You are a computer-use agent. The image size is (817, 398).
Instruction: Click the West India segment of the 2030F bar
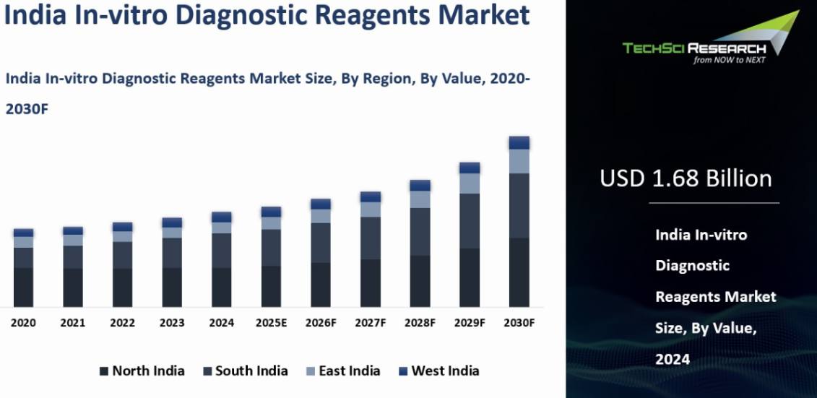[519, 143]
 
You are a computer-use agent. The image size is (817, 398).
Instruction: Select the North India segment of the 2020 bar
[23, 287]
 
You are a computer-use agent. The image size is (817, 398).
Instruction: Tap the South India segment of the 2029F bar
[470, 221]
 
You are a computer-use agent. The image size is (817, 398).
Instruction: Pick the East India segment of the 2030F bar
[519, 162]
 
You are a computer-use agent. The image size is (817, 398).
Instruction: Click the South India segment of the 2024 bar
[222, 251]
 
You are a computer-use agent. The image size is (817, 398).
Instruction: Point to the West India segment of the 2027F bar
[371, 197]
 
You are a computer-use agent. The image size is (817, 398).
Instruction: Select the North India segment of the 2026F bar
[321, 285]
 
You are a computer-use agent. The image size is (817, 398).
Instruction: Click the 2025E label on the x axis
[271, 323]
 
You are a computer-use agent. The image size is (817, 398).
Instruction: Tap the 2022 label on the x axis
[123, 323]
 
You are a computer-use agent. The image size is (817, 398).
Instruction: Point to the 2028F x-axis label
[420, 323]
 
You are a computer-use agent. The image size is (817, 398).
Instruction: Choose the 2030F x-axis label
[519, 323]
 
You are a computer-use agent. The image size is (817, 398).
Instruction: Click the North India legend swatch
[104, 371]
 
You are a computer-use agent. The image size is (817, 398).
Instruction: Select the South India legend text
[251, 371]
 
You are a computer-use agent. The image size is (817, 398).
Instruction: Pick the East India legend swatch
[311, 371]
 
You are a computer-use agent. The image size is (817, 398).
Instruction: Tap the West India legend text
[445, 371]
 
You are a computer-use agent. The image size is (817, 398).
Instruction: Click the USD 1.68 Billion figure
[686, 178]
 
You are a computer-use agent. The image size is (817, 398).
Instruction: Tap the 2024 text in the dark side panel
[672, 359]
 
